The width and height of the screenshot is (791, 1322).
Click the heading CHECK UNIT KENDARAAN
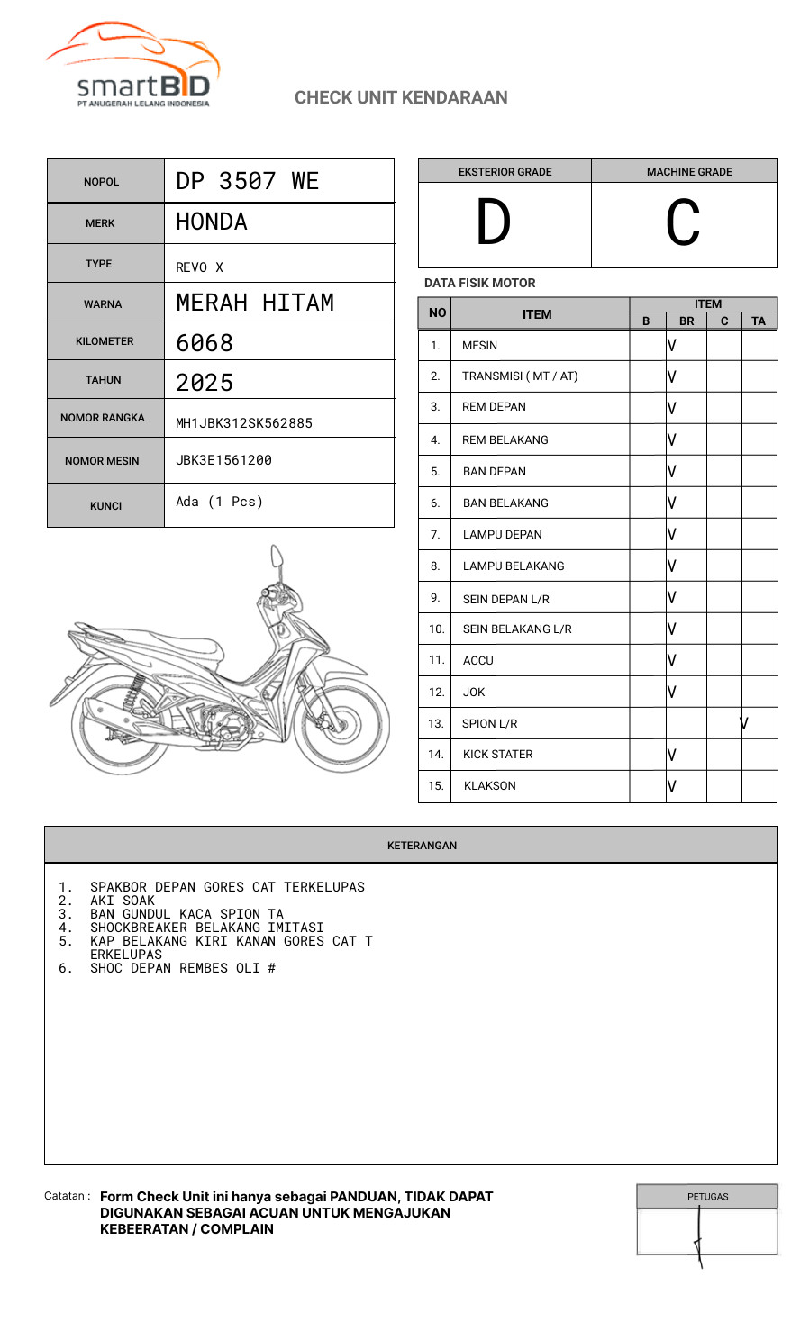(x=401, y=97)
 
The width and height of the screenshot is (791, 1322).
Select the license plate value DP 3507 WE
(x=247, y=181)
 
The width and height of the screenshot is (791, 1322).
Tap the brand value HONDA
(x=211, y=222)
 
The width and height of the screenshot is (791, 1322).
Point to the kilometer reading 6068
(x=205, y=343)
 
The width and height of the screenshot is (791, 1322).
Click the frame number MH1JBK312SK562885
(x=243, y=423)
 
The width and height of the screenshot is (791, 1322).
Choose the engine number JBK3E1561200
(x=223, y=460)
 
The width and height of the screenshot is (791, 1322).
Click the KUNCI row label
(x=105, y=506)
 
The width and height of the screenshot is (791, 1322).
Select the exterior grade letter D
(x=493, y=223)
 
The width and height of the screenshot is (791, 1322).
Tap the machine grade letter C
(x=683, y=223)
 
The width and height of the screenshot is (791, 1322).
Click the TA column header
(x=759, y=321)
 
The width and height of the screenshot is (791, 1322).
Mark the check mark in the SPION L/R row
(x=744, y=723)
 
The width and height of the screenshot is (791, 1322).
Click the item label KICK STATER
(x=497, y=755)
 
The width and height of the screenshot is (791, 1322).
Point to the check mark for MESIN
(x=672, y=345)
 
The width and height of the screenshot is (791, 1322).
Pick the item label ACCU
(x=477, y=661)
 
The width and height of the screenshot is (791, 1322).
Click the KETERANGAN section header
(x=422, y=846)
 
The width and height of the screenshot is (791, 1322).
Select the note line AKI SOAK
(x=123, y=901)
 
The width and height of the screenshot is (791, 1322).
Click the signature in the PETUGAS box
(x=699, y=1237)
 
